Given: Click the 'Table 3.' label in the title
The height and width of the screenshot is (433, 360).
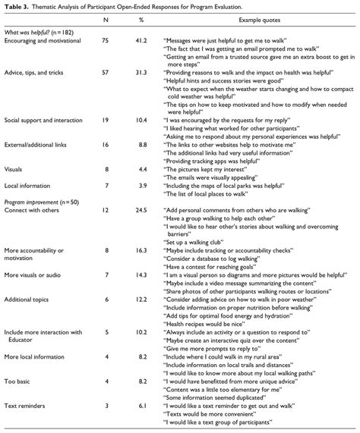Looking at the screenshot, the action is tap(17, 6).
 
